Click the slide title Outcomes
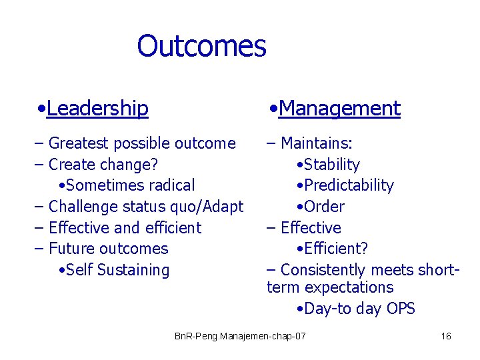[201, 46]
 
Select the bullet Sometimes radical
[130, 185]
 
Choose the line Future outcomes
[108, 249]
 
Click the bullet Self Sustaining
[117, 270]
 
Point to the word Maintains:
[317, 143]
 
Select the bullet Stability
[331, 165]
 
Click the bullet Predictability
[348, 185]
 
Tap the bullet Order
[323, 207]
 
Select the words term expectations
[330, 287]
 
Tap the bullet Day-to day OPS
[359, 309]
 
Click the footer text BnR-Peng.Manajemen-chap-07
[240, 336]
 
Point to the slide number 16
[446, 336]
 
